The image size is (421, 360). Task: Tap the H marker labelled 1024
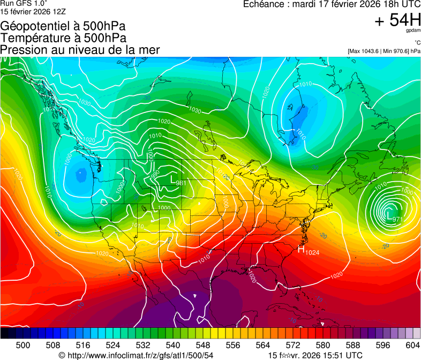(x=301, y=250)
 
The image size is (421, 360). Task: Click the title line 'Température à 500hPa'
(x=63, y=38)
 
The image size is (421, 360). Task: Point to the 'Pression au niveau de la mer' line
(x=80, y=50)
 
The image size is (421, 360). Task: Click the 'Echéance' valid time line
(x=332, y=4)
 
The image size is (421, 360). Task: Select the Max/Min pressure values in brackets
(x=384, y=51)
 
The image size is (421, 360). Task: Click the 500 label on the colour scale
(x=23, y=346)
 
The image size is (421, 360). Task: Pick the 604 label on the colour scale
(x=412, y=346)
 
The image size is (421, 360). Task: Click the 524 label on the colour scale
(x=113, y=346)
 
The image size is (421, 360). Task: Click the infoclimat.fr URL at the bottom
(x=136, y=355)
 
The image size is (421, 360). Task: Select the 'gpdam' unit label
(x=411, y=31)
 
